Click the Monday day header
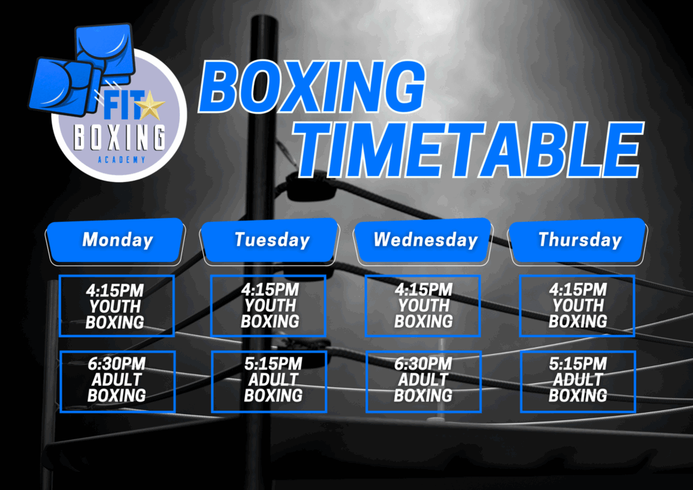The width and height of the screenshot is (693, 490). click(x=116, y=241)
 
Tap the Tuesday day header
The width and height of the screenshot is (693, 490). click(x=270, y=241)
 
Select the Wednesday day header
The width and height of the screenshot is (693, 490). click(x=424, y=241)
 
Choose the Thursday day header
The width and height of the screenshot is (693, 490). click(x=578, y=241)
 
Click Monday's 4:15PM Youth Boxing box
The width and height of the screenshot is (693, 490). click(x=116, y=306)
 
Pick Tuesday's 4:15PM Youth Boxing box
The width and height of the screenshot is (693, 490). click(x=268, y=306)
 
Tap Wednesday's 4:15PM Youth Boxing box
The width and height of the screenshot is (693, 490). click(x=423, y=306)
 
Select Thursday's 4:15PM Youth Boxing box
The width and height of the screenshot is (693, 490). click(x=577, y=306)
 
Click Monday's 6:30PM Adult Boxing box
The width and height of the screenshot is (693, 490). click(x=118, y=382)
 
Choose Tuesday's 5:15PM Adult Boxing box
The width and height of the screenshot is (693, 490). click(x=269, y=382)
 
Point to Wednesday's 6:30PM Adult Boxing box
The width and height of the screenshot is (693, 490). click(x=424, y=382)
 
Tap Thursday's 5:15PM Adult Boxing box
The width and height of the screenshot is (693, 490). click(x=578, y=382)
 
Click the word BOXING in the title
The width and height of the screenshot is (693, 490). click(x=312, y=87)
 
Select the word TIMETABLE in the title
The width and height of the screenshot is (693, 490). click(x=468, y=150)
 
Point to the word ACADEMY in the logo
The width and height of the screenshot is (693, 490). click(x=121, y=160)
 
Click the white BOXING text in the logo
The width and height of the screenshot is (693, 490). click(x=119, y=137)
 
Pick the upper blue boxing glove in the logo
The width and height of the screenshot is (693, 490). click(x=106, y=53)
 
